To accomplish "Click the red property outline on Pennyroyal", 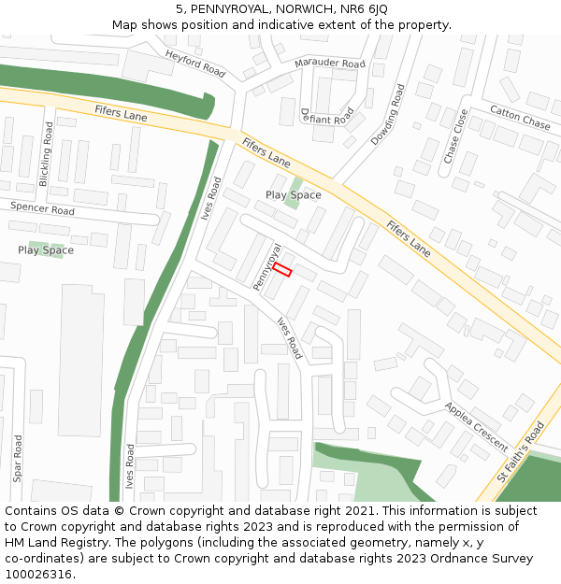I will [282, 269].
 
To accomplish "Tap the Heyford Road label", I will [195, 64].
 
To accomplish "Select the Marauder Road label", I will [329, 64].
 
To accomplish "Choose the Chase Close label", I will [455, 136].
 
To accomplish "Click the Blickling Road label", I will [48, 151].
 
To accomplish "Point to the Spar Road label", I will [18, 457].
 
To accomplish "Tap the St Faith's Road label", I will [521, 450].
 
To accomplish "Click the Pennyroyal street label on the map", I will [266, 266].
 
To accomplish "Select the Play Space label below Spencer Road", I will [46, 250].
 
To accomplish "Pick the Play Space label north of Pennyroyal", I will [293, 195].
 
